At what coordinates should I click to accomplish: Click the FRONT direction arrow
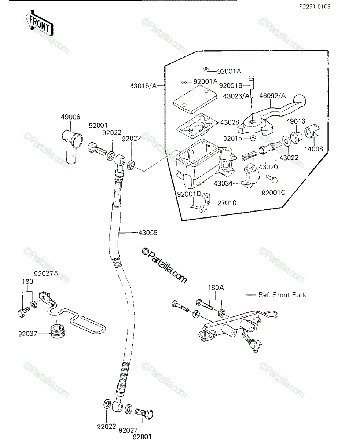39,23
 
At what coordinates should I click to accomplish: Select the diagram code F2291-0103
315,7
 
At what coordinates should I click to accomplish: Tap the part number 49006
70,117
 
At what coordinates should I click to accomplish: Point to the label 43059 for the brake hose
148,232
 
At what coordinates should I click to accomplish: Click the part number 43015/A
143,86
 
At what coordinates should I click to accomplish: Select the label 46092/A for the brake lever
272,96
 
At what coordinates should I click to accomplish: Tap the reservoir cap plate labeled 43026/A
195,99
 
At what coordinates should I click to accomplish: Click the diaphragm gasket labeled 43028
196,125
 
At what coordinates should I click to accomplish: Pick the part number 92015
232,138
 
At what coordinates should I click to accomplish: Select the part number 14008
313,149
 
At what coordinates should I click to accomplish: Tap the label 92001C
273,192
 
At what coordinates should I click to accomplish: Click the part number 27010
227,203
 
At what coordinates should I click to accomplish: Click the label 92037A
46,274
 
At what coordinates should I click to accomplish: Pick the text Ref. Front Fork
282,295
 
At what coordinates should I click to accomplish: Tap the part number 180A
216,287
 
